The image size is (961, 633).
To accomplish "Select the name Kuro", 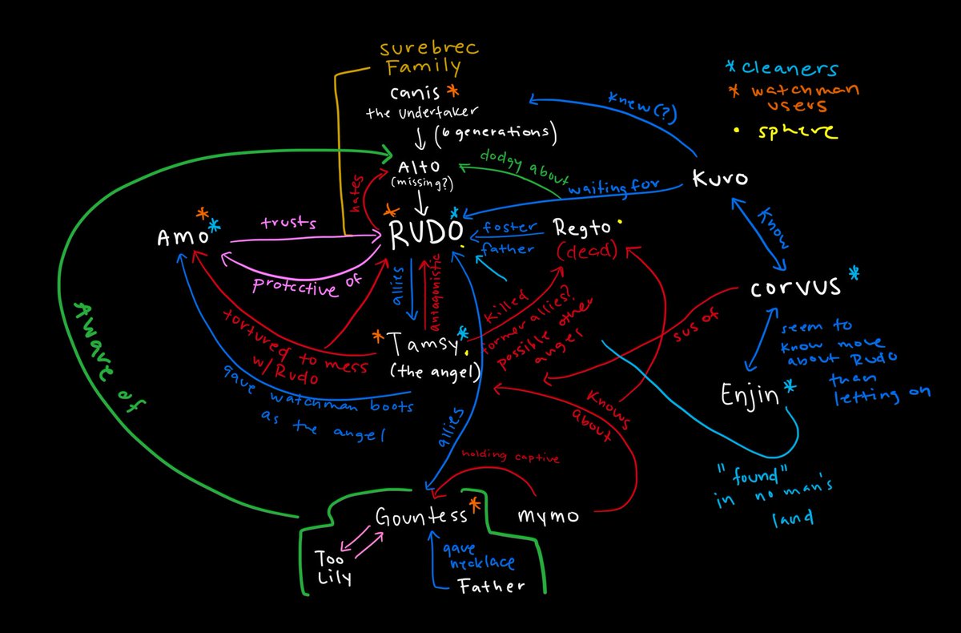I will point(722,179).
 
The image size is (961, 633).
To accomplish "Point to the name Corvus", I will point(795,289).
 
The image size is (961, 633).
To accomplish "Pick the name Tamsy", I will point(416,345).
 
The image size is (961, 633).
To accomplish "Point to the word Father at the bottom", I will point(492,586).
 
